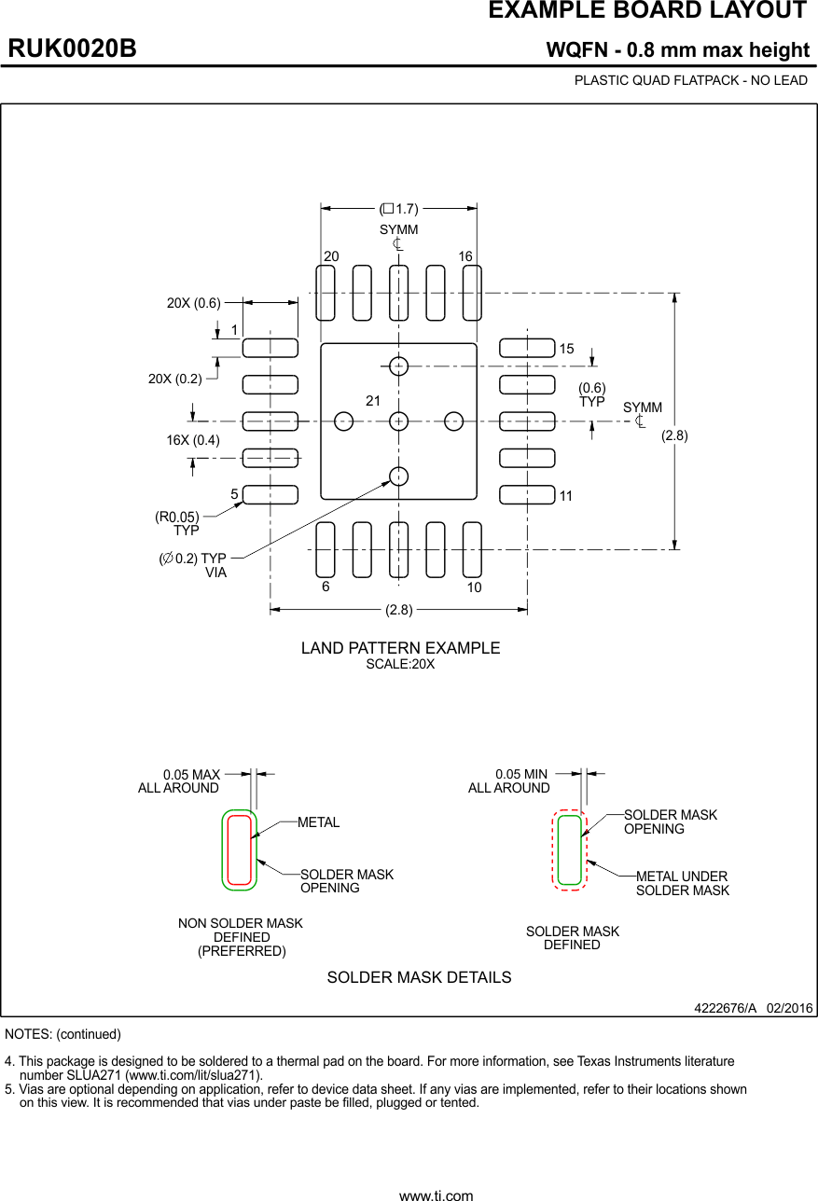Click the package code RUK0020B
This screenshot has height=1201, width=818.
click(x=73, y=48)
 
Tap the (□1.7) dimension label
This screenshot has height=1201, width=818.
click(x=399, y=208)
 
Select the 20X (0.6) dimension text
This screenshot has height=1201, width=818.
click(x=194, y=302)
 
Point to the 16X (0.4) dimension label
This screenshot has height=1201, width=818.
click(x=193, y=440)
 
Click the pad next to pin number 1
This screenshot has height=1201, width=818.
click(x=270, y=348)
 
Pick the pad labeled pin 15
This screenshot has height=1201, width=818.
click(x=527, y=348)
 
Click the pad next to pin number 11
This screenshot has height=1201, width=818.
click(x=527, y=495)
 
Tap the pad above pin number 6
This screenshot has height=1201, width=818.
click(x=326, y=549)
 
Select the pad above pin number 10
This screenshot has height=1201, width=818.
click(x=472, y=549)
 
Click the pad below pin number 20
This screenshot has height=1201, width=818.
click(x=326, y=293)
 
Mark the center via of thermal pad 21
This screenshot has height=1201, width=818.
click(x=399, y=421)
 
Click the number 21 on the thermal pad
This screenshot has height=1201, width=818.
click(x=373, y=401)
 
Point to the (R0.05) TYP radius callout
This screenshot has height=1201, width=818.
click(x=177, y=523)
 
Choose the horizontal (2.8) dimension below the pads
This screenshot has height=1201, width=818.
click(x=399, y=610)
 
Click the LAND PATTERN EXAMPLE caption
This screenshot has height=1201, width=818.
click(x=400, y=648)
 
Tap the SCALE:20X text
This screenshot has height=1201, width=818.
click(x=400, y=665)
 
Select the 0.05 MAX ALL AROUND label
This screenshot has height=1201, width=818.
click(x=179, y=781)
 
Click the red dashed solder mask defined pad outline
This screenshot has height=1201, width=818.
click(x=555, y=849)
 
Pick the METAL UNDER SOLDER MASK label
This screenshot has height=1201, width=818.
click(x=682, y=883)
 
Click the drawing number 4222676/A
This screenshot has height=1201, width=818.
click(x=725, y=1009)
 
